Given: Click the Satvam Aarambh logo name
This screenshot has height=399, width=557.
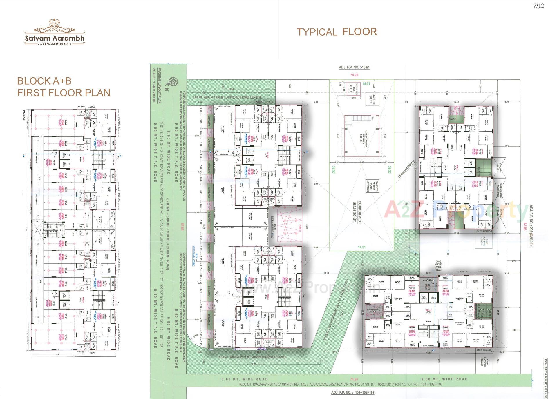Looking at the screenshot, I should pos(55,38).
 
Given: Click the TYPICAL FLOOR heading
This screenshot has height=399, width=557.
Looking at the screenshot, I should pos(337,32).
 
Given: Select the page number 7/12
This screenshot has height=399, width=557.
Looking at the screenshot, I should pos(538,6).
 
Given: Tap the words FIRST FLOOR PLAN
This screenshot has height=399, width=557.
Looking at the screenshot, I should pos(64,93).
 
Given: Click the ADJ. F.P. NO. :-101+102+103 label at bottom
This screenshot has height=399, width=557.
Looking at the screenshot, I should pos(353,393).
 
